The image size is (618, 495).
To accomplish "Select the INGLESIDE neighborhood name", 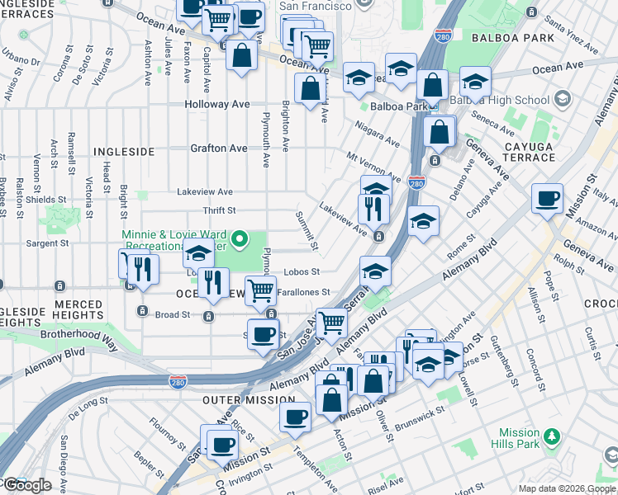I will pyautogui.click(x=123, y=153).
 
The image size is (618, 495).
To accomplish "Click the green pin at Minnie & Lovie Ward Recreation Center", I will pyautogui.click(x=240, y=241).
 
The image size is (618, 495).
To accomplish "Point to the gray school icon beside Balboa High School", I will pyautogui.click(x=562, y=100).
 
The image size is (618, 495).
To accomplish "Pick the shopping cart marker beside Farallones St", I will pyautogui.click(x=261, y=290).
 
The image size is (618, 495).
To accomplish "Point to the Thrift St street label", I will pyautogui.click(x=219, y=211).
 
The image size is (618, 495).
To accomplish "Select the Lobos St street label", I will pyautogui.click(x=302, y=271).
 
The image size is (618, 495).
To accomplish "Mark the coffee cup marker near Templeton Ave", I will pyautogui.click(x=295, y=417).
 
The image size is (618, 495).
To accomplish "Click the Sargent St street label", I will pyautogui.click(x=69, y=245).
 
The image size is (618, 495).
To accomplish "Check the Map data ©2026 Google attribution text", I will pyautogui.click(x=567, y=488).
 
